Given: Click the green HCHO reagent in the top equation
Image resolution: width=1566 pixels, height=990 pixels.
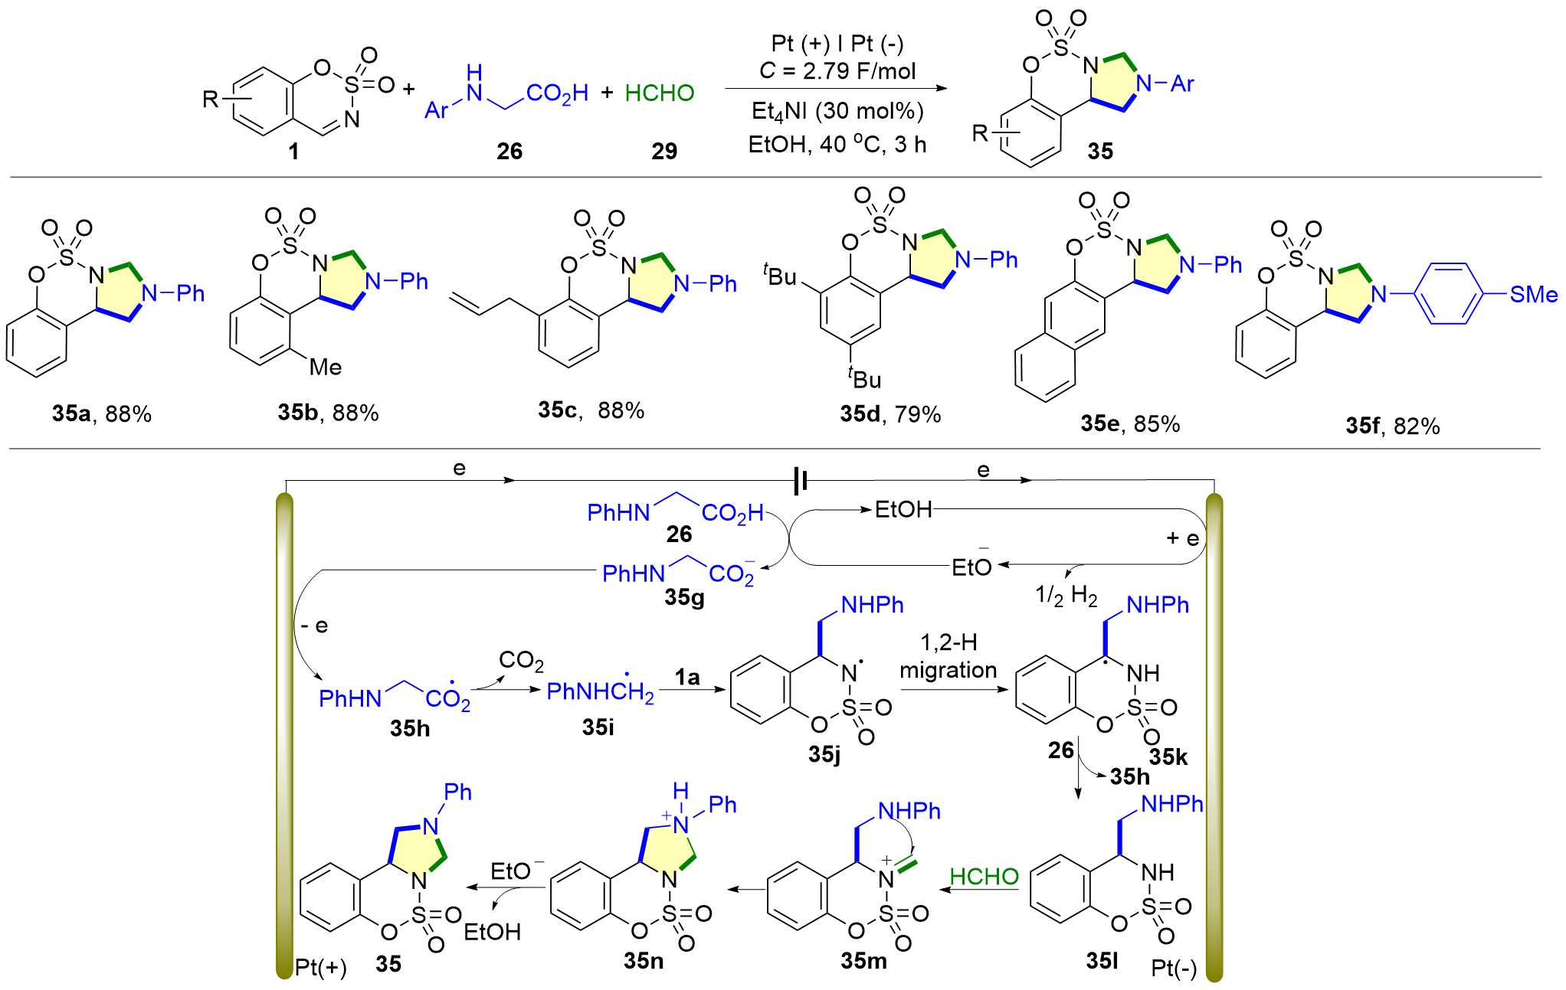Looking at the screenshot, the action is pos(660,93).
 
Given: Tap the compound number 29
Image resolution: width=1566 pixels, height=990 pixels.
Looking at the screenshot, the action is pos(664,151).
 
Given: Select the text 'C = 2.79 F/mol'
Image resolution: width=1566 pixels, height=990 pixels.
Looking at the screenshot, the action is pos(837,71).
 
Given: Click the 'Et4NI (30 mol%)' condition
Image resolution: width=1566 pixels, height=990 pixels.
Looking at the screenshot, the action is pos(837,112).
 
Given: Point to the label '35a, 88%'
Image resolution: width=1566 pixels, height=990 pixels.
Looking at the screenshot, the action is pos(102,414).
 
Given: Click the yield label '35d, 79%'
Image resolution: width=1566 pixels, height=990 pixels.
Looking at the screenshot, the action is pos(890,414).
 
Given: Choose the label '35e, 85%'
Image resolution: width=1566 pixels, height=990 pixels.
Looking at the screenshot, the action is pos(1130,423).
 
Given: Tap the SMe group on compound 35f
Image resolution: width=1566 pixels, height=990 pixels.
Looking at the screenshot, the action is pos(1533,295).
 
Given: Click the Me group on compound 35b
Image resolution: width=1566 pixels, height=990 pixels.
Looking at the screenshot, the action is pos(326,367).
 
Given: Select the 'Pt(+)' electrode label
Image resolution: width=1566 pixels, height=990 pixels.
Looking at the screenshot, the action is pos(320,967).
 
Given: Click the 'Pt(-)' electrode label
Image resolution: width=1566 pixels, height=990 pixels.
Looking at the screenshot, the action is pos(1174,969).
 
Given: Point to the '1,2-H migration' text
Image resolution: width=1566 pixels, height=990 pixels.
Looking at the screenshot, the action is pos(948,656).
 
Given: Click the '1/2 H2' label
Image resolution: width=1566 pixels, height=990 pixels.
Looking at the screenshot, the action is pos(1066,595).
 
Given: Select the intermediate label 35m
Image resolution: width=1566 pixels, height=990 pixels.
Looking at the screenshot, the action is pos(863,960).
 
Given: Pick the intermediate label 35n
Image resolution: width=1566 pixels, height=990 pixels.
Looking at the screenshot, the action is pos(644,960).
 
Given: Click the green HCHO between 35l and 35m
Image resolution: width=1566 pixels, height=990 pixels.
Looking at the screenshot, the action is pos(984,877).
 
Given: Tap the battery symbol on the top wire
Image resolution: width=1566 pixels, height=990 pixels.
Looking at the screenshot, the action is pos(801,481).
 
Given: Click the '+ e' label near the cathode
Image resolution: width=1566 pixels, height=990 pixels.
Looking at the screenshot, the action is pos(1182,538).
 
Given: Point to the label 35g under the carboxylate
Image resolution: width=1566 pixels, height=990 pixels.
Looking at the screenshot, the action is pos(684,596).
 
